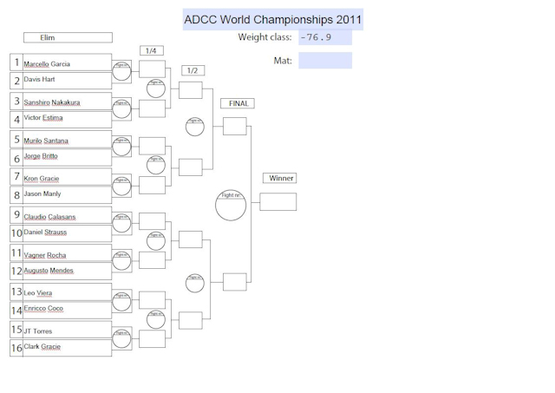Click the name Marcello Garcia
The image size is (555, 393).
(47, 64)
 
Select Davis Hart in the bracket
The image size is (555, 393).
(39, 79)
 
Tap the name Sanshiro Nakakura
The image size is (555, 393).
(52, 102)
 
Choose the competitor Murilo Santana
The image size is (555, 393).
(46, 141)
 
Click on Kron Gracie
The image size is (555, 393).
(42, 179)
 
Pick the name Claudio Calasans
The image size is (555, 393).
(49, 216)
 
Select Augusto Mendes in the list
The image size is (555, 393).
(49, 271)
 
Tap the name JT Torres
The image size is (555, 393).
(38, 331)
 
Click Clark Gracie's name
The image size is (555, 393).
(42, 346)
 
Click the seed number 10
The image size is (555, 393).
(16, 233)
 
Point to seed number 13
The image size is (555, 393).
(16, 292)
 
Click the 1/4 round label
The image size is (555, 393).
(151, 50)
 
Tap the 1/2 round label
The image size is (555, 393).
(193, 69)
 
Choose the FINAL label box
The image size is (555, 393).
(238, 103)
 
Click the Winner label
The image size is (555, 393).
(281, 178)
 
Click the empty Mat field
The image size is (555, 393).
(325, 61)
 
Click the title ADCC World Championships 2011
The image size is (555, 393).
(273, 19)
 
